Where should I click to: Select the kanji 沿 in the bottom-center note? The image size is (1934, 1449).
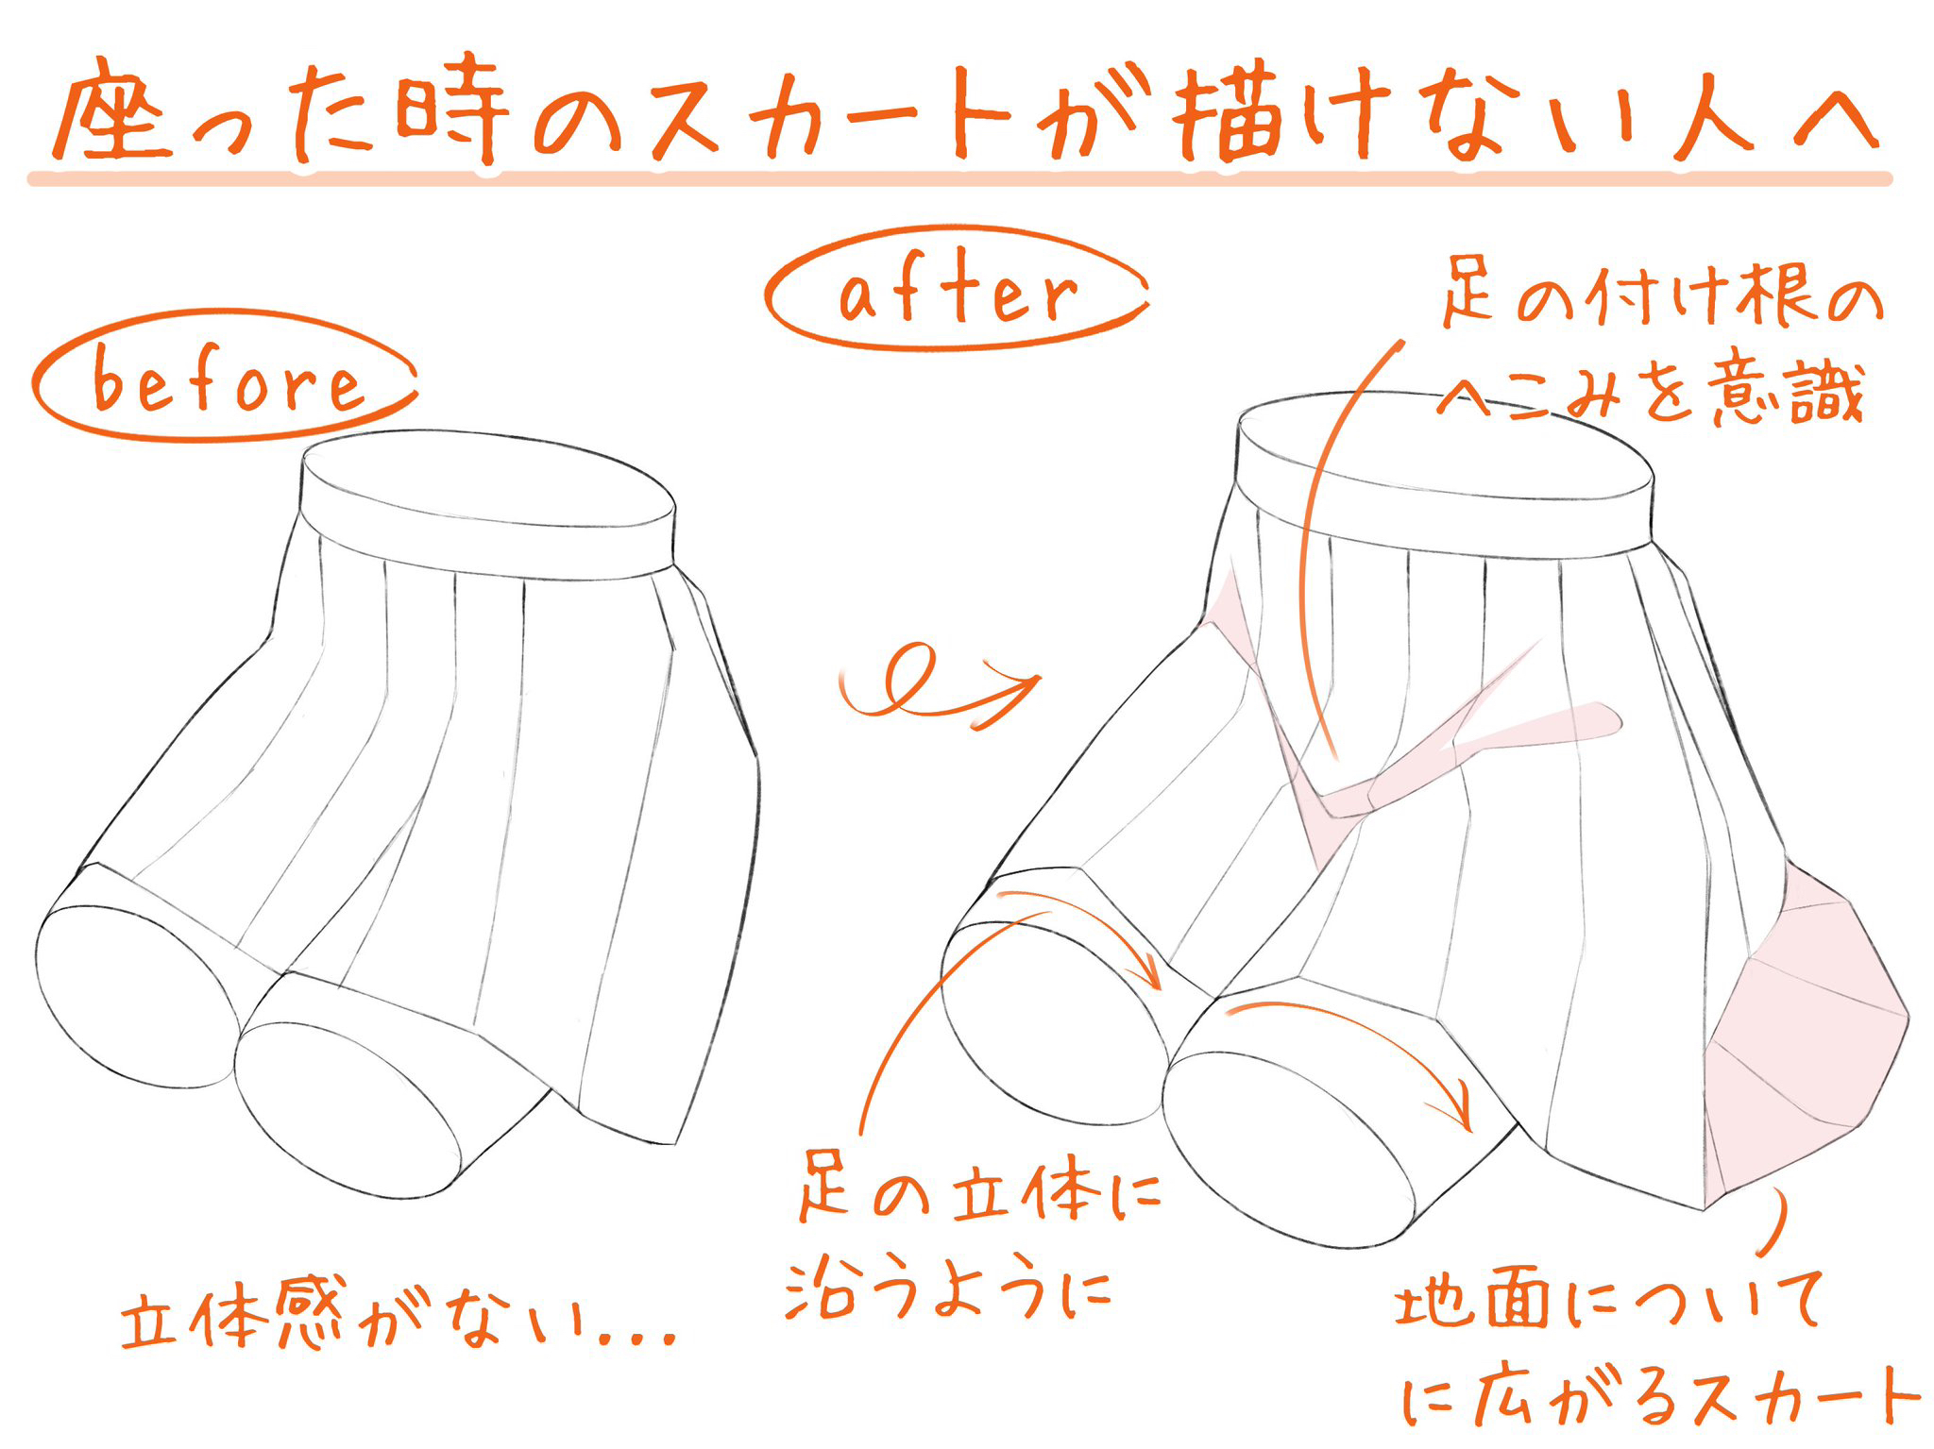click(827, 1289)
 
